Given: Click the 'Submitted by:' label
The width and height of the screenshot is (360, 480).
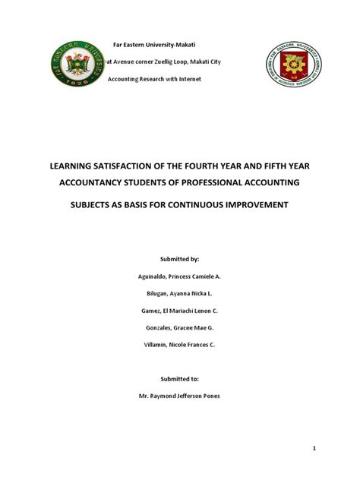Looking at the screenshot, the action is point(180,259).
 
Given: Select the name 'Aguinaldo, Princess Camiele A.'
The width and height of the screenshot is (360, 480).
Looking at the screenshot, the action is point(180,276).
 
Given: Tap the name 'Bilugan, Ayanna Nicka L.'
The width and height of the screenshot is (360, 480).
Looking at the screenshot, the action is point(180,293).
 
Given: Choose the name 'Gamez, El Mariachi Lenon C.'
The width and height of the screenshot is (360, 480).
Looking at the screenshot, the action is point(180,310).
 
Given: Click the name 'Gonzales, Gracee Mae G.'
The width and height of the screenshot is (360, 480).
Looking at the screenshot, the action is point(180,327).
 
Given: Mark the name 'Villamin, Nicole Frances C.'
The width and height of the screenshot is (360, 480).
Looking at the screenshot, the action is point(180,344).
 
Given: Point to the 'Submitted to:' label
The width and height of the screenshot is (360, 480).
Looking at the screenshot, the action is point(180,378).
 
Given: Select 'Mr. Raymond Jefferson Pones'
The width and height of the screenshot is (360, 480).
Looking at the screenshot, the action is point(180,396).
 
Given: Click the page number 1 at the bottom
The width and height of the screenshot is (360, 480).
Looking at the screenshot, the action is point(314,449).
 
